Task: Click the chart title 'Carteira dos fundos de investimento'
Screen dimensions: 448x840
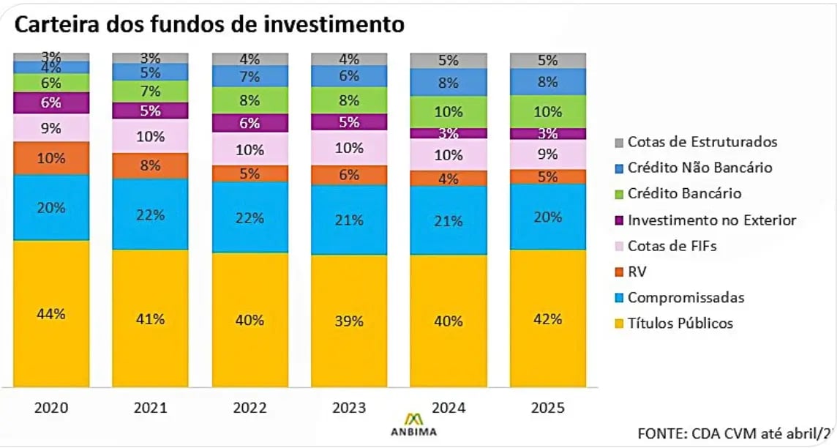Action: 209,24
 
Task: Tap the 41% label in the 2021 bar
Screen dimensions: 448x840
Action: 151,318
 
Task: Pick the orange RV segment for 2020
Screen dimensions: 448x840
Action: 51,158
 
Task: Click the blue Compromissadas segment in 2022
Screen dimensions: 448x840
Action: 250,217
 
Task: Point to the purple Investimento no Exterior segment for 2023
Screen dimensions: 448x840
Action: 349,122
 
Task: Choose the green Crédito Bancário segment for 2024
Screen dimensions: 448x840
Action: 448,112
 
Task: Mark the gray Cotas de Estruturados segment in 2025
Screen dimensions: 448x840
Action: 548,60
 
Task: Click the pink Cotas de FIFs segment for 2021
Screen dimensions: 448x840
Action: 151,136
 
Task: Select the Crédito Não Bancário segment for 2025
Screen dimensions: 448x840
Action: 548,82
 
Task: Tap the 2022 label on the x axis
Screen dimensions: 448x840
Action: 250,408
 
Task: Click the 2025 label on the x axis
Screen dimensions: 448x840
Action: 548,408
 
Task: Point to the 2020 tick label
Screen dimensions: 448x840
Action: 51,408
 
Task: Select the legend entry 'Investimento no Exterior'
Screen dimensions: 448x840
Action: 711,220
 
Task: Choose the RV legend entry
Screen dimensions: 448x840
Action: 637,272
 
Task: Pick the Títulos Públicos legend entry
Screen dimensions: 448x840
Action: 680,324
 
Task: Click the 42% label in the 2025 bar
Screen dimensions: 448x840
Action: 548,319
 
